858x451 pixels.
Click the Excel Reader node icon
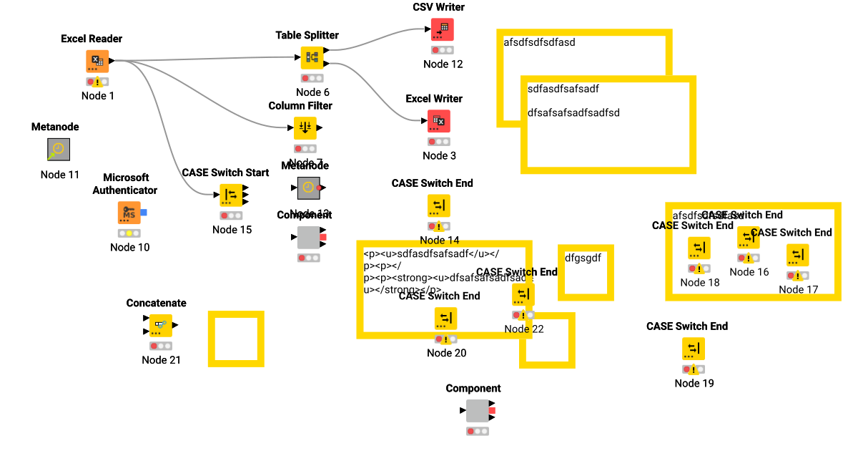pos(98,61)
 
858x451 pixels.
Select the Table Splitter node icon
pos(312,57)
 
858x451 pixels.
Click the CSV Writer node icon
pos(442,29)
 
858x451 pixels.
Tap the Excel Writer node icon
pos(439,121)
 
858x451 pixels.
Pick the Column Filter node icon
pos(305,128)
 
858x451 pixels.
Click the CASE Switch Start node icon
pos(230,195)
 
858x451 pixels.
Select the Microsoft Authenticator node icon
pos(129,213)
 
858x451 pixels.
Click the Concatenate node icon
pos(161,325)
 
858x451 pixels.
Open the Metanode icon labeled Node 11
pos(59,150)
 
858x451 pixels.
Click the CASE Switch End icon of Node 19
pos(693,349)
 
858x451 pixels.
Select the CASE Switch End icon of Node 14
pos(439,205)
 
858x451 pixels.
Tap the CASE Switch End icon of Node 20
pos(446,319)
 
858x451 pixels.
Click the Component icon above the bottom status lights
pos(477,411)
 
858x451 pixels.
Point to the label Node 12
pos(443,64)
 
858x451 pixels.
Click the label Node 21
pos(161,360)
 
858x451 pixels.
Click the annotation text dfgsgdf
pos(583,257)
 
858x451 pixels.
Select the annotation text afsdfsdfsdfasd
pos(539,42)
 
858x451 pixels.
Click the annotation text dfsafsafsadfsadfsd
pos(573,112)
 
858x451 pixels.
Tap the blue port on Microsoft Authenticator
pos(144,213)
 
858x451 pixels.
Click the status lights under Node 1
pos(97,82)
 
